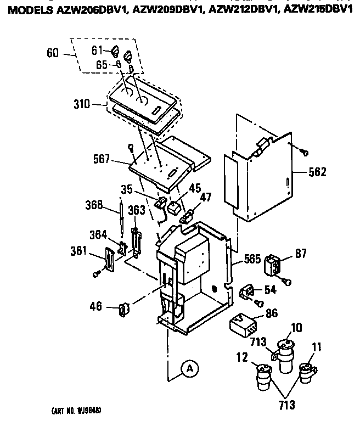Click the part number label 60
click(x=53, y=53)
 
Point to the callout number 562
click(x=317, y=172)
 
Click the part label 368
click(x=94, y=207)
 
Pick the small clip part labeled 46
click(x=124, y=310)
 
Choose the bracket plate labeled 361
click(x=109, y=258)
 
